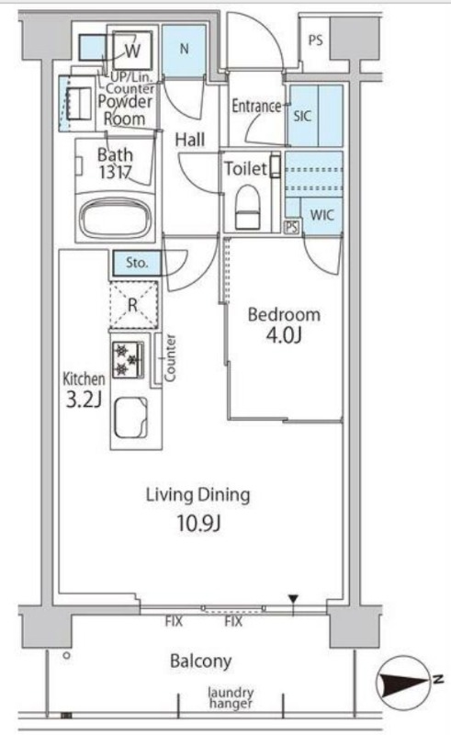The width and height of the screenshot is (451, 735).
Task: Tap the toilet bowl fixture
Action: [x=247, y=206]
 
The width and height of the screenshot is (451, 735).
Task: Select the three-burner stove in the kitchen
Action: [x=128, y=359]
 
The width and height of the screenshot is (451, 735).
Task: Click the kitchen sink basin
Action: [x=131, y=417]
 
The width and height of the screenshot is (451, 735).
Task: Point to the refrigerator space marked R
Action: [x=133, y=305]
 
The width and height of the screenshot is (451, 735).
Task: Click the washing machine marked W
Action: [x=132, y=50]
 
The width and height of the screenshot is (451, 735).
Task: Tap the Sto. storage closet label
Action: [x=137, y=263]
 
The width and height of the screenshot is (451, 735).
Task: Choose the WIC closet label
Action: [x=322, y=216]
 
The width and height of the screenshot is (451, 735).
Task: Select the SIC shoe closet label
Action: [x=302, y=116]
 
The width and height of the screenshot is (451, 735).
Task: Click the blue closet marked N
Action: [x=184, y=51]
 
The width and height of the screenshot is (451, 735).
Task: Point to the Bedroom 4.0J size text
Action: [x=284, y=335]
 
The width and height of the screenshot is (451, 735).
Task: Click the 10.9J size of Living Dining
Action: [x=198, y=523]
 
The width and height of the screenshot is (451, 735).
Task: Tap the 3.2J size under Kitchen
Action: [x=84, y=400]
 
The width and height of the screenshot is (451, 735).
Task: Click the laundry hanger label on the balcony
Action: [x=231, y=697]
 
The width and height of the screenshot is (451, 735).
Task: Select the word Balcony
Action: [x=200, y=661]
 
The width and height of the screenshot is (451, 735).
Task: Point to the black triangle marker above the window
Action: [x=294, y=599]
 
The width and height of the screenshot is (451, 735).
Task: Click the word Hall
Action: [x=190, y=140]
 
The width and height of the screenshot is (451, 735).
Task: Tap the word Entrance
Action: [x=256, y=107]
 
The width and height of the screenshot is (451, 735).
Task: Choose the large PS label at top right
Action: [x=315, y=40]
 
